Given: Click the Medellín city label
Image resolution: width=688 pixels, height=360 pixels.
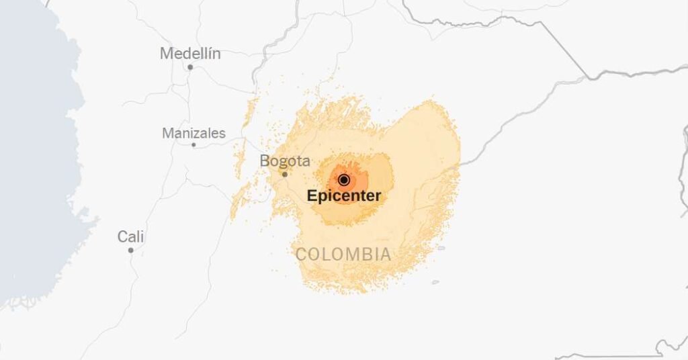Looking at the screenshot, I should [190, 54].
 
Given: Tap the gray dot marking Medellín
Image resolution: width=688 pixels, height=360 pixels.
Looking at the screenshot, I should [190, 67].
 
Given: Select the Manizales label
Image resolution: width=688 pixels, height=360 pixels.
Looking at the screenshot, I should [193, 133].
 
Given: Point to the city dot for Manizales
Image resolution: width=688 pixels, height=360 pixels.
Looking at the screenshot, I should [193, 144].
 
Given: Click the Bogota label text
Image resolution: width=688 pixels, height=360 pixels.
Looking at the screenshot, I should [285, 161].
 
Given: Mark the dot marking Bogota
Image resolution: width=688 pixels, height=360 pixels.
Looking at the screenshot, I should [284, 174].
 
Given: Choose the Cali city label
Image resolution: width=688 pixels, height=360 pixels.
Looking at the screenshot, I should [131, 236].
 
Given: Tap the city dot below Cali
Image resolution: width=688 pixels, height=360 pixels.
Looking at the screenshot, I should [131, 250].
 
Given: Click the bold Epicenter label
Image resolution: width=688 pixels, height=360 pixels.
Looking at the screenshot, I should [344, 196].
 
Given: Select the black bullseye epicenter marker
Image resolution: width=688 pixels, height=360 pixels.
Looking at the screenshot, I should [344, 179].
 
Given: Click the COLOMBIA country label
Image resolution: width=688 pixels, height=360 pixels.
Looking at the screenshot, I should [343, 255].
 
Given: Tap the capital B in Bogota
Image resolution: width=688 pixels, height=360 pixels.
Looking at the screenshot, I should [265, 161].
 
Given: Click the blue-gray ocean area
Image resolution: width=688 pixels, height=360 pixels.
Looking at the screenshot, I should [34, 168].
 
